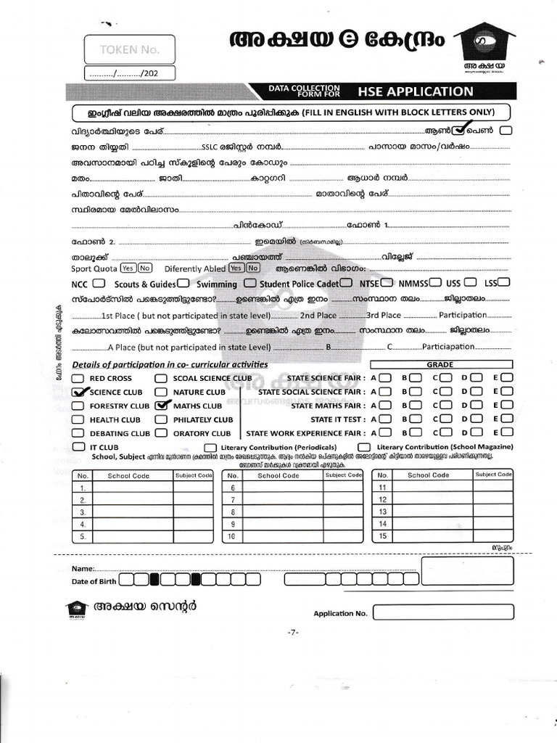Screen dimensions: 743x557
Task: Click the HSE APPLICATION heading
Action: (415, 91)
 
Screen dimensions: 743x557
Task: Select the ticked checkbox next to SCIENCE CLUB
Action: (79, 392)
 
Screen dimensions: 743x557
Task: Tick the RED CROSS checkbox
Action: (78, 378)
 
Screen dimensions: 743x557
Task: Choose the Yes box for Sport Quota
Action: (128, 268)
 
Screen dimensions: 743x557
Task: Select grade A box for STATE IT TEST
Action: (385, 419)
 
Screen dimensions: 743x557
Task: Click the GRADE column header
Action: (440, 364)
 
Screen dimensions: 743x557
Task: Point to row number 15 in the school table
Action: (382, 536)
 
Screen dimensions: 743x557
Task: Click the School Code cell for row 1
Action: (133, 488)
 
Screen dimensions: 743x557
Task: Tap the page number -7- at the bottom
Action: (293, 633)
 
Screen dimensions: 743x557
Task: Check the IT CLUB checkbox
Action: (78, 447)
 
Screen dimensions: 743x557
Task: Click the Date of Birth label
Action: (94, 581)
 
